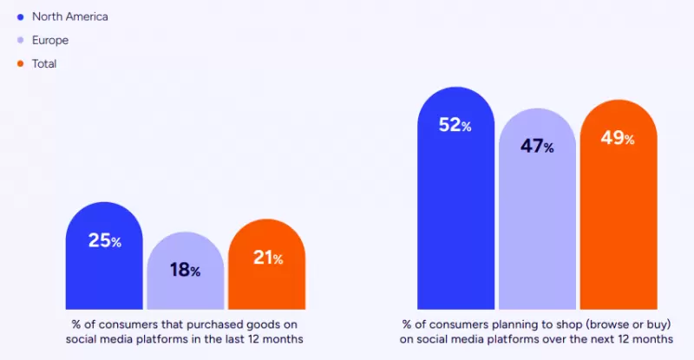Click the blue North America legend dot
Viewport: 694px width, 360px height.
tap(20, 16)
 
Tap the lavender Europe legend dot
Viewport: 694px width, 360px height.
tap(20, 40)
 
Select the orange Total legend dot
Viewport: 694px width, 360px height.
tap(20, 63)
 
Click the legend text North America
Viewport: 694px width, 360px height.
tap(70, 16)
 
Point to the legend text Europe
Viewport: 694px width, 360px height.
tap(49, 40)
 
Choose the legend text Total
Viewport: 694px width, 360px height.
tap(45, 63)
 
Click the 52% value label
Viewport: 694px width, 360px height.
tap(455, 125)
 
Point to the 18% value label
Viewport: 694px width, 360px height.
tap(185, 270)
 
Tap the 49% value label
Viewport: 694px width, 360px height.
tap(618, 138)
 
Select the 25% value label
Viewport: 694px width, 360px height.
tap(104, 240)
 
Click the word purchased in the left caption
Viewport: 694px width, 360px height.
tap(186, 324)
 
